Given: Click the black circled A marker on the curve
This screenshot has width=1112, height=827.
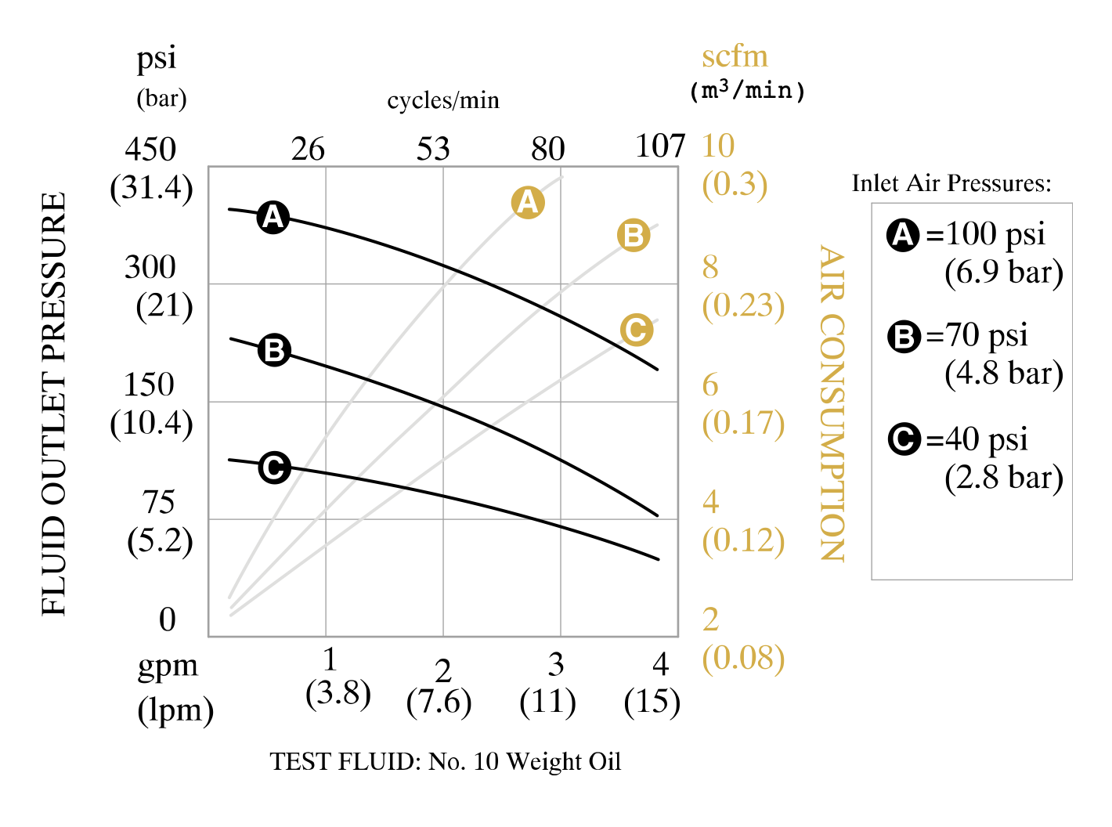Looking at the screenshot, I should (273, 217).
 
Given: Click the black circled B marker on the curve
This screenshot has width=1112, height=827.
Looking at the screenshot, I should (274, 350).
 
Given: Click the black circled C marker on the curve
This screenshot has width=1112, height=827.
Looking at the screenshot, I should (274, 468).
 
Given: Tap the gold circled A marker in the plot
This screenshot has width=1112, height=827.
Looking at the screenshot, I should (528, 203).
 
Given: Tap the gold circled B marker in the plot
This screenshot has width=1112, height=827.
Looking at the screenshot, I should (634, 235).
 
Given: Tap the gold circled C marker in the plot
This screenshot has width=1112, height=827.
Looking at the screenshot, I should (637, 330).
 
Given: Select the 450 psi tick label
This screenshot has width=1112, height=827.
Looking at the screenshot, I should (150, 149).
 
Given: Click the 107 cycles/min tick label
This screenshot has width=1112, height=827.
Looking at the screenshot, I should (660, 146).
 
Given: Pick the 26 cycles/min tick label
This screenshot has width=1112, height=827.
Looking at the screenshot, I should (308, 149).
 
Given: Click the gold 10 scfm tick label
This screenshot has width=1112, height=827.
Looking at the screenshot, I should (718, 146).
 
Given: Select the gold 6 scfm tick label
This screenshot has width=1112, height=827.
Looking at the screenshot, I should (710, 385).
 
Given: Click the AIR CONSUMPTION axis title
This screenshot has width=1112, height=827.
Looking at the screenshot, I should (832, 403).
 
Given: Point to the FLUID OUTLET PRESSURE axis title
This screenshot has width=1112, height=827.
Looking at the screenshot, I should (54, 403).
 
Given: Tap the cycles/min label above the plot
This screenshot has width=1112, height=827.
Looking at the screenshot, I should (443, 100).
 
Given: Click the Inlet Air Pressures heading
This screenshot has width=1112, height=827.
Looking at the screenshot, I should (951, 183).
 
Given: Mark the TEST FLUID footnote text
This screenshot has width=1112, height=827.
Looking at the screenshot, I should (446, 761).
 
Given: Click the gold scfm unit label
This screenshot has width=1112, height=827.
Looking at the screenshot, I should (735, 56).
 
